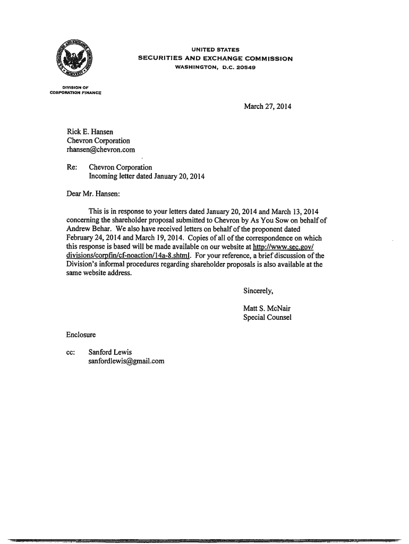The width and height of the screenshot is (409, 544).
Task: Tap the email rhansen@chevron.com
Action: point(101,150)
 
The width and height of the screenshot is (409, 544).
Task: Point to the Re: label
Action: point(72,167)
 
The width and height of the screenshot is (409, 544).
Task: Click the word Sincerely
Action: point(258,291)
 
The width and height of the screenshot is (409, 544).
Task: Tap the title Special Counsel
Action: point(267,318)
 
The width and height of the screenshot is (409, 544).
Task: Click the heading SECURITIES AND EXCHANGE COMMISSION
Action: point(215,58)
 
